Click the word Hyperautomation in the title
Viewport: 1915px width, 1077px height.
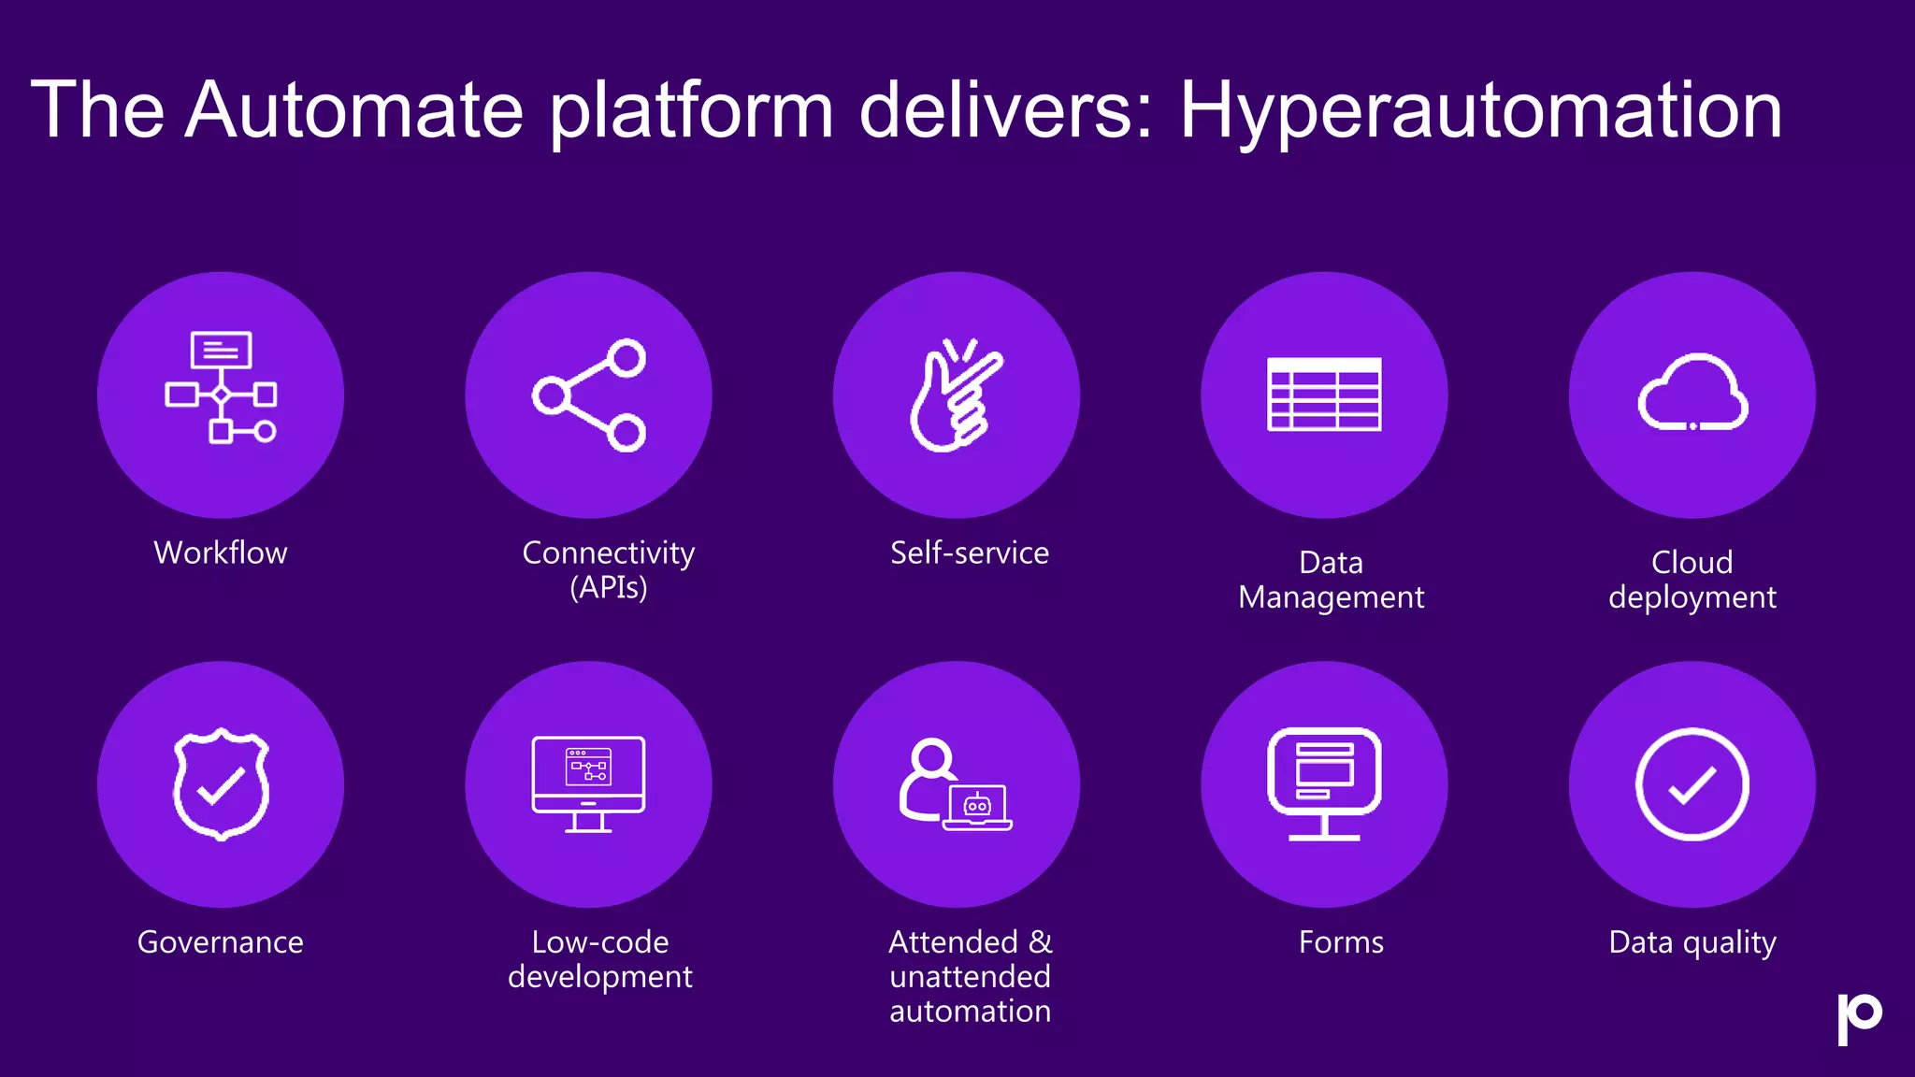(1480, 110)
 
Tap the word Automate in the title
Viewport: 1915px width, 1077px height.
(353, 110)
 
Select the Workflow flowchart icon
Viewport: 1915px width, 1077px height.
(221, 386)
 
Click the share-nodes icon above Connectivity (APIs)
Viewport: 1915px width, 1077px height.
(589, 395)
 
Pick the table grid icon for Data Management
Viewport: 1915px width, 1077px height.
(1324, 395)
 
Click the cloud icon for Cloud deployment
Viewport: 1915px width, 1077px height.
(1692, 393)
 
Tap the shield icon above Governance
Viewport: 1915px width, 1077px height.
(221, 783)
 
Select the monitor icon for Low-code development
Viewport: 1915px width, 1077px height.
(588, 783)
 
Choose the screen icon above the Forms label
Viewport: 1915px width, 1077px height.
(1324, 783)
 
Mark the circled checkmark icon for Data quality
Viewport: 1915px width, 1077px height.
(1692, 783)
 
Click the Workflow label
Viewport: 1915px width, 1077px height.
(221, 553)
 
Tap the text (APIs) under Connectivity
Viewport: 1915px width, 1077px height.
(609, 587)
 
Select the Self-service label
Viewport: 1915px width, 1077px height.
(970, 553)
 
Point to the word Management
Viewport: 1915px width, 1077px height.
(1332, 596)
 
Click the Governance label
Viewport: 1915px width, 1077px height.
(221, 941)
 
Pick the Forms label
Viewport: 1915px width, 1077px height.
(1341, 941)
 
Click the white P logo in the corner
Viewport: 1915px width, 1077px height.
(1859, 1017)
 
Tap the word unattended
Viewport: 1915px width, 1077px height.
(970, 976)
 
